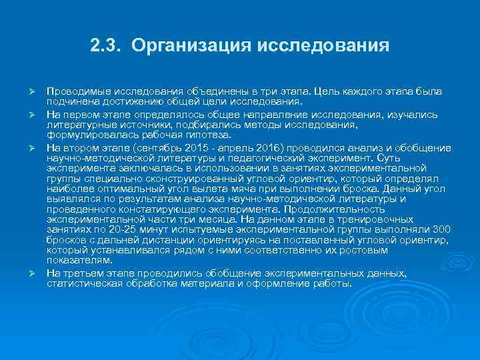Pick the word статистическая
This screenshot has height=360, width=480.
[85, 283]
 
